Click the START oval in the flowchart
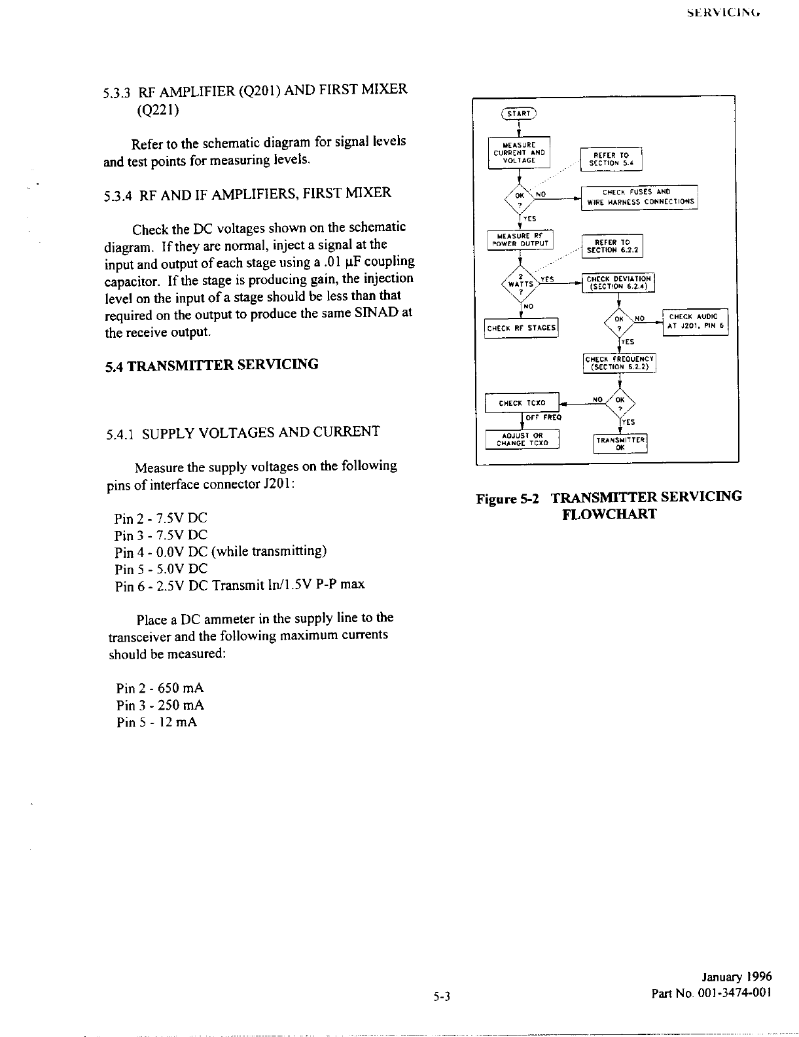pyautogui.click(x=518, y=113)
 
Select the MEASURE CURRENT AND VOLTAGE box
pyautogui.click(x=520, y=153)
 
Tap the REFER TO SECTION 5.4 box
pyautogui.click(x=611, y=159)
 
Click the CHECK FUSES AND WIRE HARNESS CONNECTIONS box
pyautogui.click(x=640, y=197)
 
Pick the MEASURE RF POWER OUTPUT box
pyautogui.click(x=520, y=240)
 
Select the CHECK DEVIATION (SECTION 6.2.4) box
pyautogui.click(x=618, y=283)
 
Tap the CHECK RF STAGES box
pyautogui.click(x=521, y=328)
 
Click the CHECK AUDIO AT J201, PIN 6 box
pyautogui.click(x=695, y=321)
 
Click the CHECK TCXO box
pyautogui.click(x=522, y=403)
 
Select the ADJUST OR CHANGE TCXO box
pyautogui.click(x=522, y=439)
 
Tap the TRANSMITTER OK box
pyautogui.click(x=620, y=443)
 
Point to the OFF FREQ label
pyautogui.click(x=544, y=417)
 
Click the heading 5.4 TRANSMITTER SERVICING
pyautogui.click(x=212, y=365)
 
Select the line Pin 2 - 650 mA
pyautogui.click(x=160, y=688)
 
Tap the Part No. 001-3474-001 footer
pyautogui.click(x=711, y=993)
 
